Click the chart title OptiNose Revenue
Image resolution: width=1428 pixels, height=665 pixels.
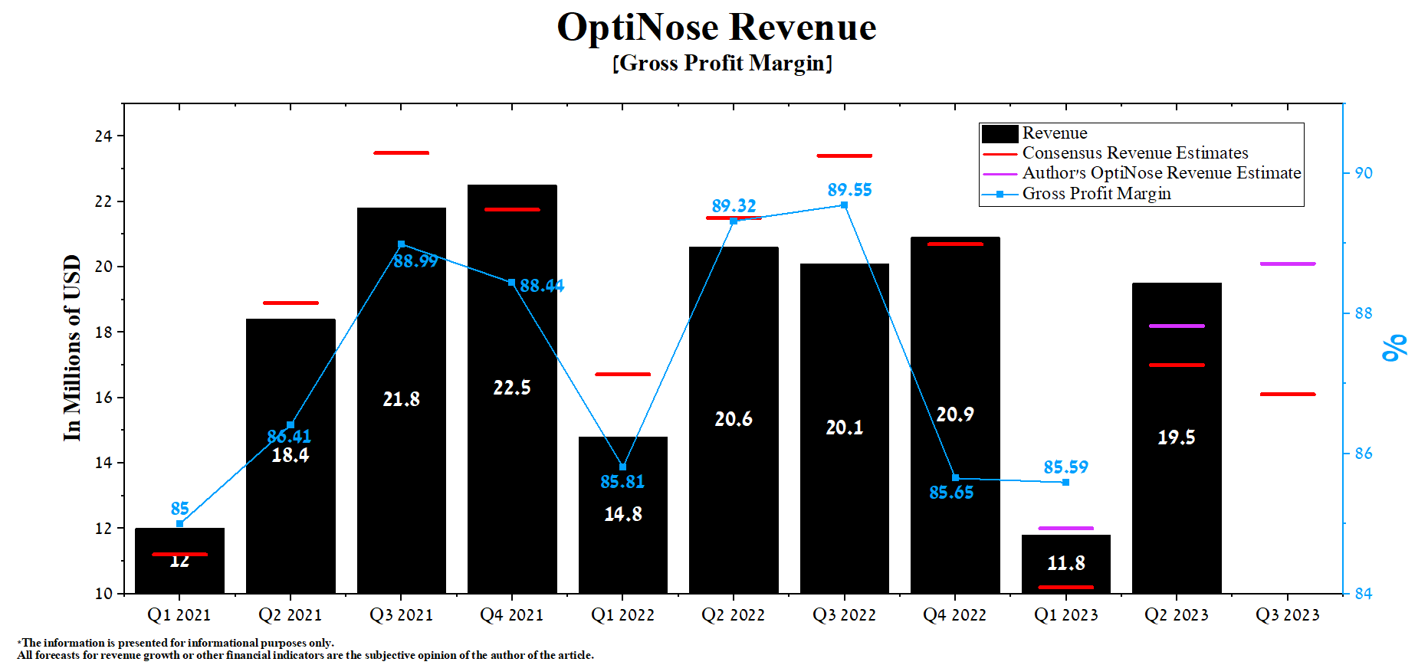pos(716,28)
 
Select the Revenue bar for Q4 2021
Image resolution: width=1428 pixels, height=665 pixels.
pos(512,460)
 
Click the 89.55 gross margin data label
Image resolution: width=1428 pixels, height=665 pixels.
pos(849,190)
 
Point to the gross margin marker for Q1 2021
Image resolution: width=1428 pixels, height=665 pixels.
pos(179,524)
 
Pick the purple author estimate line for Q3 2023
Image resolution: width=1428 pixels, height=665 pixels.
pos(1287,264)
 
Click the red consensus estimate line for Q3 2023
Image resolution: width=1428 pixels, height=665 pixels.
pos(1287,394)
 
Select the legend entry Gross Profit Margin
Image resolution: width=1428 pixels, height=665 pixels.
pos(1096,194)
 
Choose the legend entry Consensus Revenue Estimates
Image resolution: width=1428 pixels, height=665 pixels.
pos(1134,153)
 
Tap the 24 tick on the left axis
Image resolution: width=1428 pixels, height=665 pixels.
pos(103,136)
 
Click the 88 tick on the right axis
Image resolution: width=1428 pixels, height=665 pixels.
pos(1363,313)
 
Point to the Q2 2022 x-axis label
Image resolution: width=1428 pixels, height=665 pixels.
pos(733,615)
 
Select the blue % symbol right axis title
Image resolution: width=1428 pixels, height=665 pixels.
pos(1394,347)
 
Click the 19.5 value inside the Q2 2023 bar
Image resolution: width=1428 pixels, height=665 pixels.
pos(1176,437)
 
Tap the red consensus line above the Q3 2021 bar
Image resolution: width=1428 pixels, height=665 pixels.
pos(401,153)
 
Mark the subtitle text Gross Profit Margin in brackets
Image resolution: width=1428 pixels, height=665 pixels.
pos(722,63)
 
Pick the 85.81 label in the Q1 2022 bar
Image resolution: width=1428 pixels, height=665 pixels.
pos(622,482)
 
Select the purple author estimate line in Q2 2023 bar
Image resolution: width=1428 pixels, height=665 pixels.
pos(1177,326)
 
